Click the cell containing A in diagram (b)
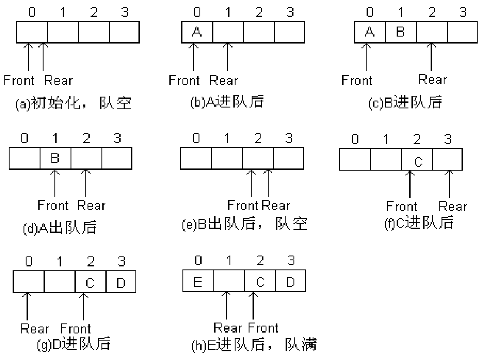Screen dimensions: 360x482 pyautogui.click(x=197, y=33)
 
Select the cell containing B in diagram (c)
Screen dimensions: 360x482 pyautogui.click(x=401, y=33)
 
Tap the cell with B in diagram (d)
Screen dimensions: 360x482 pyautogui.click(x=55, y=158)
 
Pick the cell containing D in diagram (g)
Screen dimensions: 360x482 pyautogui.click(x=121, y=282)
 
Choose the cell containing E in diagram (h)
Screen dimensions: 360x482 pyautogui.click(x=198, y=282)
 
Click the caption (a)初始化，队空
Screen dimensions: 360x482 pyautogui.click(x=74, y=104)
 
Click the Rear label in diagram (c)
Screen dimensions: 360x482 pyautogui.click(x=432, y=80)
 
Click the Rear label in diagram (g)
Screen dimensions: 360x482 pyautogui.click(x=35, y=328)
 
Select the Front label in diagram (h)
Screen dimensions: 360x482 pyautogui.click(x=263, y=327)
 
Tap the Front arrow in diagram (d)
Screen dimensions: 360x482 pyautogui.click(x=55, y=183)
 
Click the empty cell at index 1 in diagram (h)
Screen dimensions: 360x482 pyautogui.click(x=229, y=282)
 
